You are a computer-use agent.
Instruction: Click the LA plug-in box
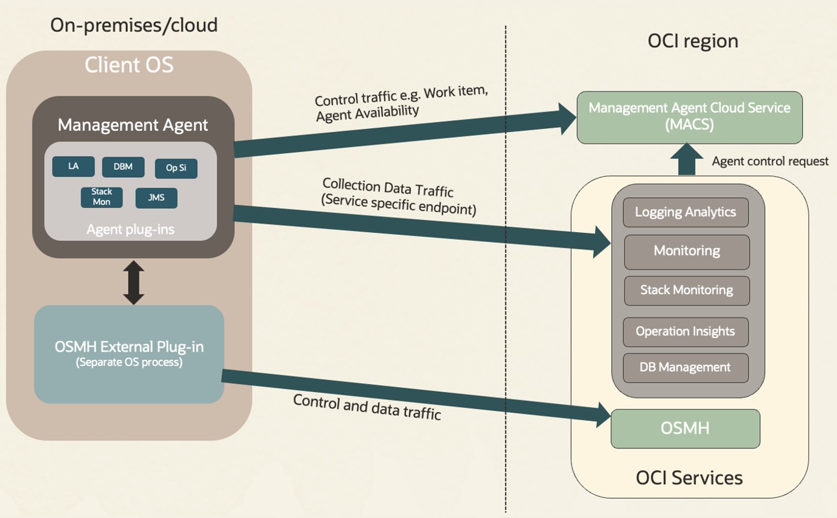pyautogui.click(x=74, y=166)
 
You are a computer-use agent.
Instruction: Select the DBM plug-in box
pyautogui.click(x=123, y=167)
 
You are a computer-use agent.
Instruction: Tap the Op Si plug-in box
pyautogui.click(x=176, y=168)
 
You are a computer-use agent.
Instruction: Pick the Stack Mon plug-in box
pyautogui.click(x=101, y=197)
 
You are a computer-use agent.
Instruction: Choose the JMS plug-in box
pyautogui.click(x=156, y=198)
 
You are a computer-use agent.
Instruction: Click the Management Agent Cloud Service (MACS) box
pyautogui.click(x=689, y=117)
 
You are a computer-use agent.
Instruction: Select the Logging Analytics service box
pyautogui.click(x=685, y=212)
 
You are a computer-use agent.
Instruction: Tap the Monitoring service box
pyautogui.click(x=686, y=251)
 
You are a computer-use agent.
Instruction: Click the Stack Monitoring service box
pyautogui.click(x=686, y=290)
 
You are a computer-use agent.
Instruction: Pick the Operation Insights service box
pyautogui.click(x=685, y=331)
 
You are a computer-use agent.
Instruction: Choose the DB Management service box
pyautogui.click(x=685, y=367)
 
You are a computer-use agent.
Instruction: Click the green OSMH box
pyautogui.click(x=685, y=428)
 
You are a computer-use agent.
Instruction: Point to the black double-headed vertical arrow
pyautogui.click(x=133, y=282)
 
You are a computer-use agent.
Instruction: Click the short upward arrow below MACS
pyautogui.click(x=686, y=160)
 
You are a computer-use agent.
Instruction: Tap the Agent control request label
pyautogui.click(x=770, y=161)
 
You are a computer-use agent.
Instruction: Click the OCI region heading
pyautogui.click(x=692, y=41)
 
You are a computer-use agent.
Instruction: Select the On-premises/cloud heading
pyautogui.click(x=134, y=25)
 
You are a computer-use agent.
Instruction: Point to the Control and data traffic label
pyautogui.click(x=367, y=407)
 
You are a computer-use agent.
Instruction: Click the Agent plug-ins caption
pyautogui.click(x=130, y=230)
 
